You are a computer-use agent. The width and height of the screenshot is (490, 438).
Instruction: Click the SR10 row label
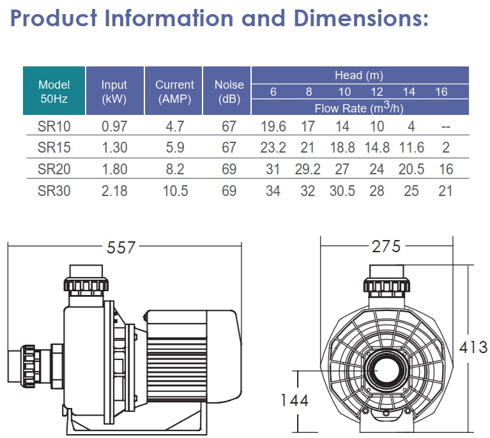tap(54, 127)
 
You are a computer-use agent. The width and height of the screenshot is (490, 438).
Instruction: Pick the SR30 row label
tap(54, 190)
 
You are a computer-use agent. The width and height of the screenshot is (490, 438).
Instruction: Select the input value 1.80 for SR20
tap(114, 169)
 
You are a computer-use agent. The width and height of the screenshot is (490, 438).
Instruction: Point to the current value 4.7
tap(174, 127)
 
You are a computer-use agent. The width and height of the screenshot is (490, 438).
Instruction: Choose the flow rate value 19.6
tap(273, 127)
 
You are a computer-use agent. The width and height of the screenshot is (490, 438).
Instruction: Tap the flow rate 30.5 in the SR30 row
tap(342, 190)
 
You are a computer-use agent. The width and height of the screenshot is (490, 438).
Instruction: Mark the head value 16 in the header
tap(441, 92)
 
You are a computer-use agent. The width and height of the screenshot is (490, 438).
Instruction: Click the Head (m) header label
tap(358, 75)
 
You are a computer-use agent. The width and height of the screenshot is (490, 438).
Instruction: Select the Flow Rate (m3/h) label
tap(359, 108)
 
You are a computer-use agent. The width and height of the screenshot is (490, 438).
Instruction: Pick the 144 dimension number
tap(295, 400)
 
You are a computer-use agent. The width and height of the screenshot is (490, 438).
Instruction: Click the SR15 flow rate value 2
tap(446, 148)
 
